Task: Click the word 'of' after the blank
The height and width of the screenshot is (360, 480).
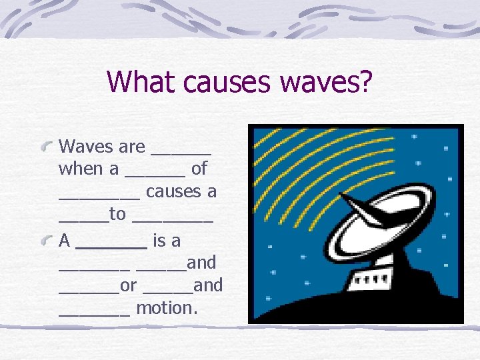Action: tap(199, 169)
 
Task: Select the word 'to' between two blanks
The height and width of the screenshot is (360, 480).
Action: tap(117, 214)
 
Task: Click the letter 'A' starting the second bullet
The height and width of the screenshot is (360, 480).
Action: tap(65, 240)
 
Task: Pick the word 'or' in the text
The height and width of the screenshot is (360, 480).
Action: tap(129, 285)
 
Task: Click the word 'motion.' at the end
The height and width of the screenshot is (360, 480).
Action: tap(167, 308)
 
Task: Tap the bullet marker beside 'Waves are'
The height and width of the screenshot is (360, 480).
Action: tap(47, 145)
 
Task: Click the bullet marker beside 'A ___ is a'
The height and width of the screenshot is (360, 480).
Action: tap(47, 239)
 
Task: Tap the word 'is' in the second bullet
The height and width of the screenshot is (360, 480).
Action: tap(159, 240)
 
